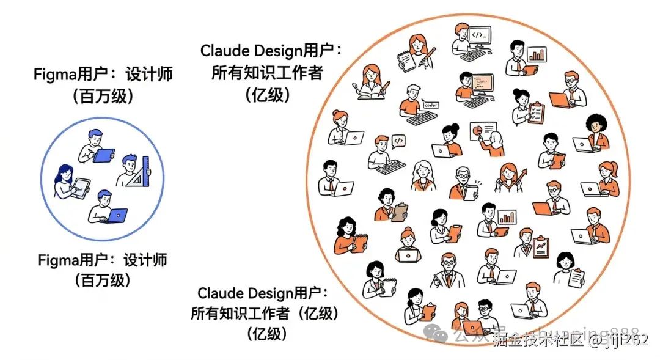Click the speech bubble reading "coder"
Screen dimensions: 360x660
click(431, 105)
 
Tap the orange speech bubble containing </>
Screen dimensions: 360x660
click(398, 141)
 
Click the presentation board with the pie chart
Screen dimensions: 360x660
click(482, 130)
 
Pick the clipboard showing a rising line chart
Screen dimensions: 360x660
click(541, 247)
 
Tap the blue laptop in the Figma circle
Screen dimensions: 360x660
click(116, 215)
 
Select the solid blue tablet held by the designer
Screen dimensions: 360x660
click(104, 155)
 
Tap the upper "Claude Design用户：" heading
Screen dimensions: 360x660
click(271, 51)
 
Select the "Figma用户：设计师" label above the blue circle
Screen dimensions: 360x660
click(103, 75)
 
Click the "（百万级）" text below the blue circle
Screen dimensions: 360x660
click(102, 281)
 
